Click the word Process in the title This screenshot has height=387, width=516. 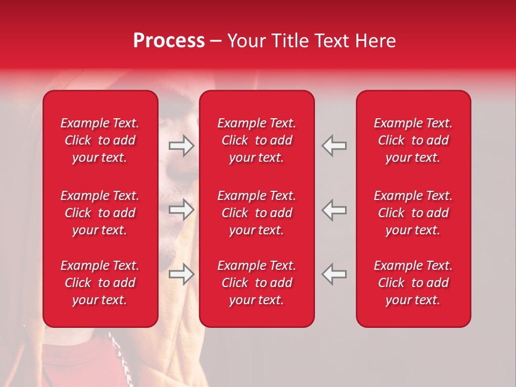(x=169, y=41)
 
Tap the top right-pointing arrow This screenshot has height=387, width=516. (x=182, y=146)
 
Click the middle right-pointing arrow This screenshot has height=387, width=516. (x=182, y=210)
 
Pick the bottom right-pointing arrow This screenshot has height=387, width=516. (x=182, y=274)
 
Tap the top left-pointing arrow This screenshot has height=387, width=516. (x=334, y=146)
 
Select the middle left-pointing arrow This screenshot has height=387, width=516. (x=334, y=210)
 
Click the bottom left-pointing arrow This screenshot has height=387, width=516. (x=334, y=274)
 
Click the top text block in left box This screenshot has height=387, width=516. (x=100, y=140)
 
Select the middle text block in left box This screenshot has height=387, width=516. (x=100, y=213)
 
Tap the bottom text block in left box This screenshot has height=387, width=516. (x=100, y=283)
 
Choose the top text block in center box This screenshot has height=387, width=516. (x=256, y=140)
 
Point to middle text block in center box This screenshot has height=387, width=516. (x=256, y=213)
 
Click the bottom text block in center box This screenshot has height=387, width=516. (x=256, y=283)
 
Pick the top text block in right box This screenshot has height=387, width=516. (x=413, y=140)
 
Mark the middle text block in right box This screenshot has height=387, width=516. (x=413, y=213)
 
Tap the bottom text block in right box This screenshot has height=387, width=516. (x=413, y=283)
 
